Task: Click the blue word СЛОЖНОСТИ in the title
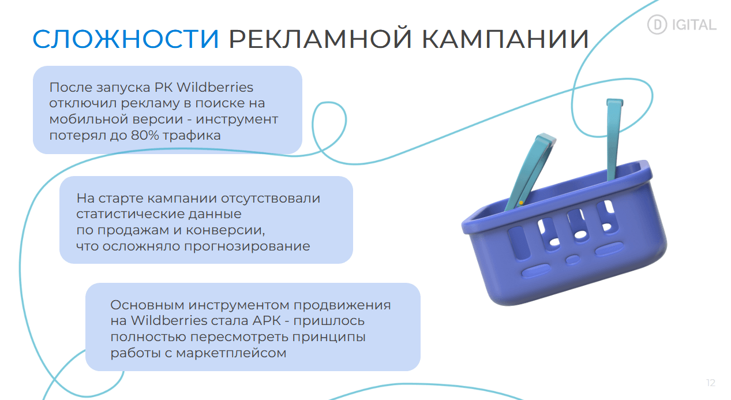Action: tap(126, 39)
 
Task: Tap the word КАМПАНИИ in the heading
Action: tap(505, 39)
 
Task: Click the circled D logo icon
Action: tap(657, 25)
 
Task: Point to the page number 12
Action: tap(711, 383)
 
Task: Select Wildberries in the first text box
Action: tap(215, 87)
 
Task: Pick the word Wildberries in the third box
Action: tap(169, 321)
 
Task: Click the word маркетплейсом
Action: tap(231, 353)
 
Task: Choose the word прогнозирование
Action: tap(247, 246)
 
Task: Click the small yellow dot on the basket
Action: tap(521, 203)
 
